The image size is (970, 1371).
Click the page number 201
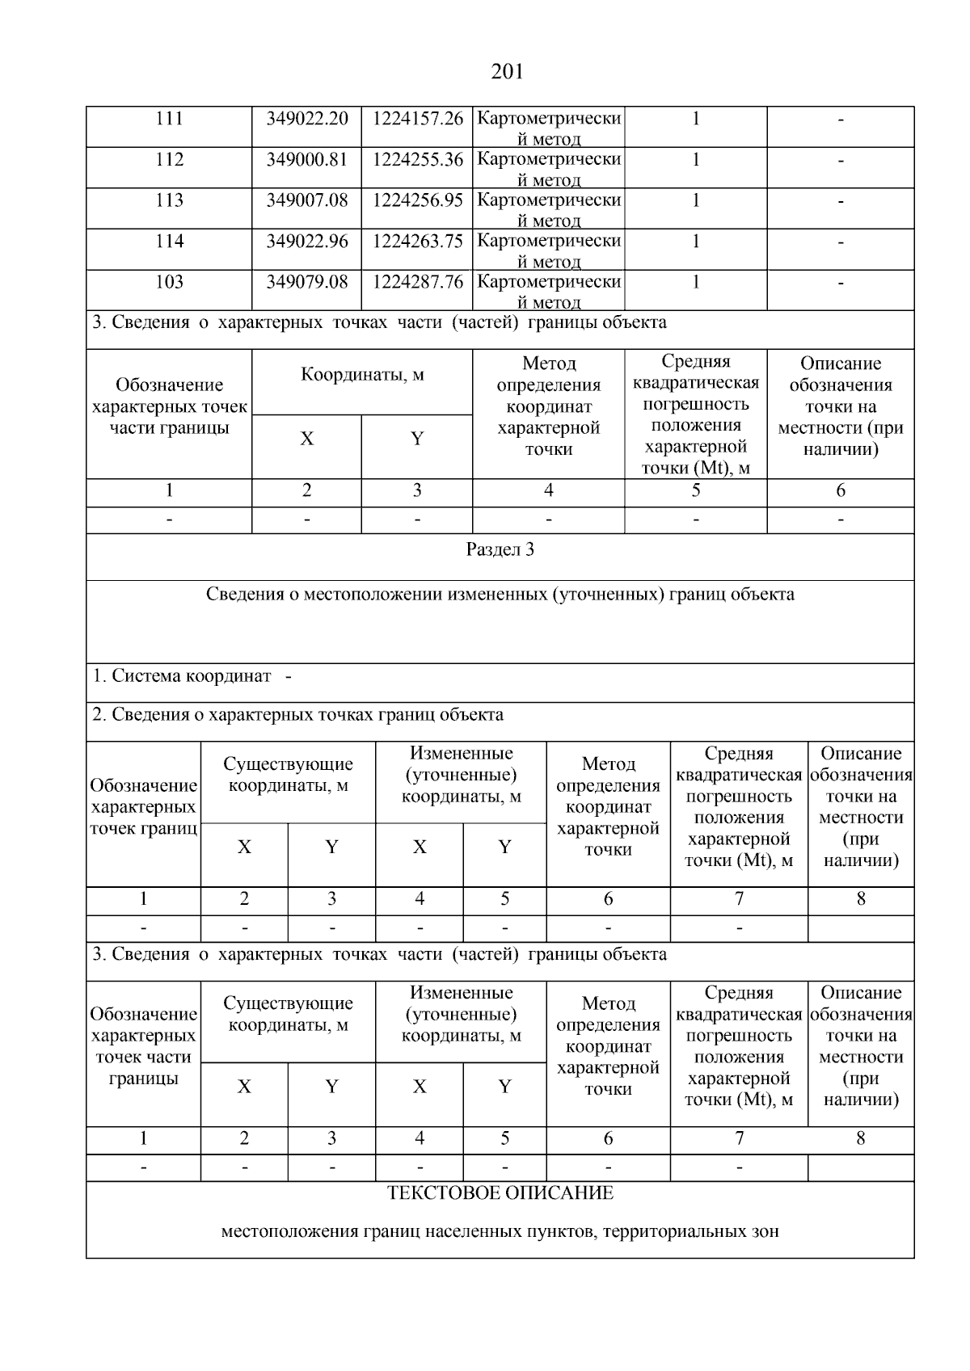[507, 73]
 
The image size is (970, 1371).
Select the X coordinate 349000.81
[307, 160]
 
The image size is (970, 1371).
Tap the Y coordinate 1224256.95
[417, 200]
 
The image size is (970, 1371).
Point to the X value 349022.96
[307, 242]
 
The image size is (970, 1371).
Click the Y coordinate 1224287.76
[417, 282]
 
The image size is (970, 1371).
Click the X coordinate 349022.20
[307, 119]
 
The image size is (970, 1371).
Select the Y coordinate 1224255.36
[417, 160]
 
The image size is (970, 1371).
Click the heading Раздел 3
[500, 550]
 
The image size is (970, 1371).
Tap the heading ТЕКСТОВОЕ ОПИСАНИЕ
[500, 1193]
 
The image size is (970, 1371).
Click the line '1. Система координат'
[182, 676]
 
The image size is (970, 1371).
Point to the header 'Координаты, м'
[362, 375]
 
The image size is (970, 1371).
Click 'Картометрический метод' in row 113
[549, 208]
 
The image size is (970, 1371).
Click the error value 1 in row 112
[695, 160]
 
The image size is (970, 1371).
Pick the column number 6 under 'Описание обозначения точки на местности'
[841, 490]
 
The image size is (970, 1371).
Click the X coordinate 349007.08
[307, 200]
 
